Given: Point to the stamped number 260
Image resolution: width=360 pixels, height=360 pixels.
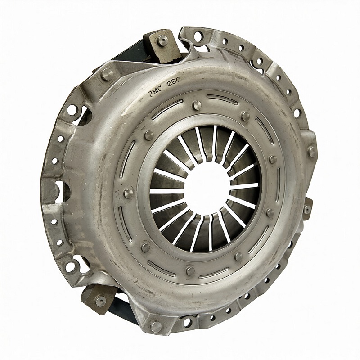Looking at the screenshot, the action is [173, 82].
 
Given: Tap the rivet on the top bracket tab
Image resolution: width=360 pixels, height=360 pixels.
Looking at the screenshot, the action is [163, 40].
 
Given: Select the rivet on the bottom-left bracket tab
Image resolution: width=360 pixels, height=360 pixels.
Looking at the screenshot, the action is [101, 300].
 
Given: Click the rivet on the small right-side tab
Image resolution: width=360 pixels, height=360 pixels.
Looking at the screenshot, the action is [307, 209].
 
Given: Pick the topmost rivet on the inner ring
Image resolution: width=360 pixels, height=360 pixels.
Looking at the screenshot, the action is [197, 105].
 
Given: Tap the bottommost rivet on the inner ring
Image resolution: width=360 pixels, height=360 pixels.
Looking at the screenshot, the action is [190, 271].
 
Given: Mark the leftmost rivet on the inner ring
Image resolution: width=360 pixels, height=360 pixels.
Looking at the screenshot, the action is [128, 193].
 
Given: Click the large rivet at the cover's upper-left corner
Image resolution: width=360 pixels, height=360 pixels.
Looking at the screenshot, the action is [107, 74].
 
